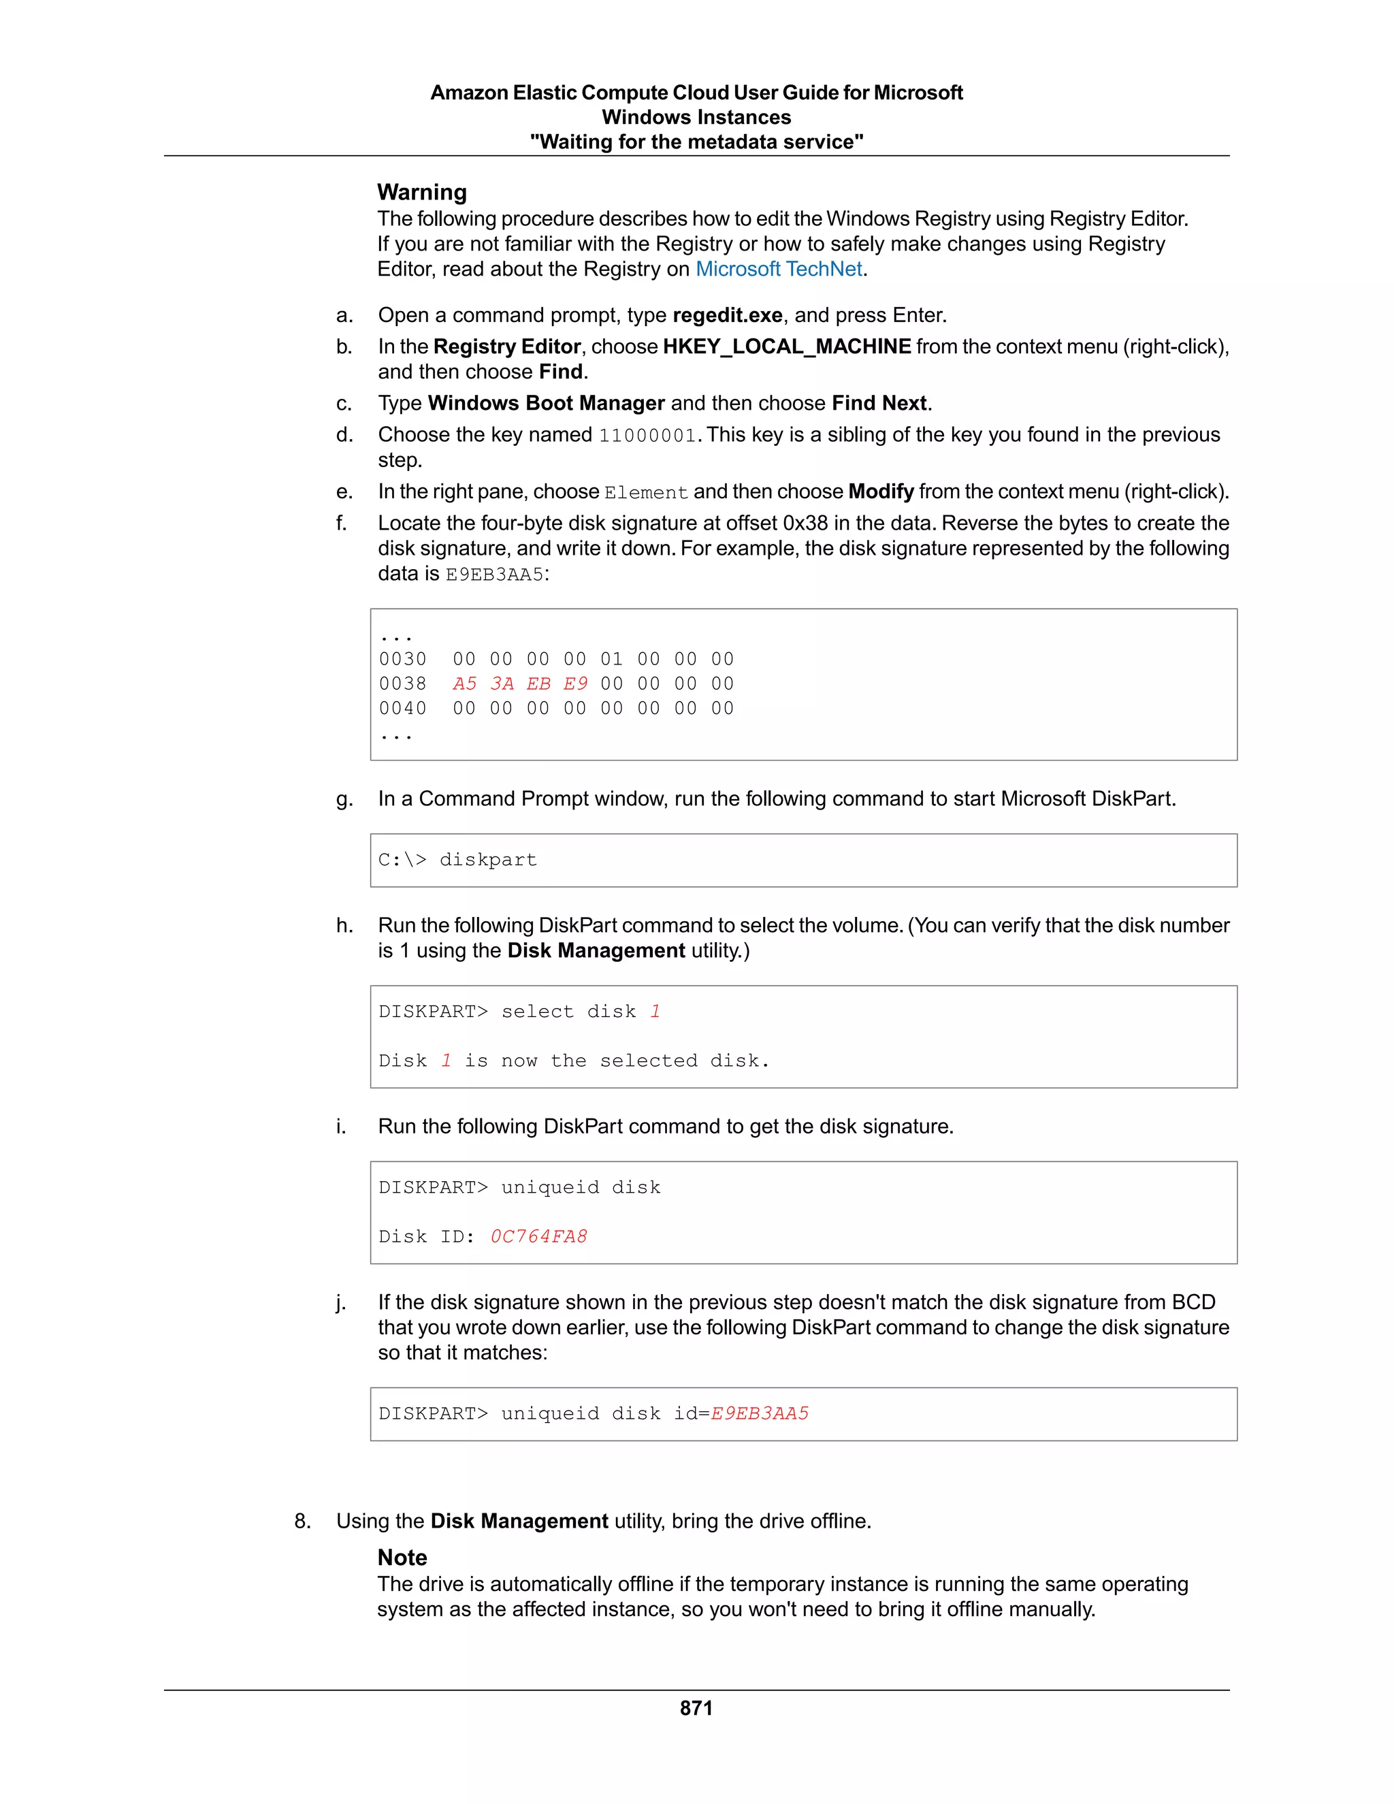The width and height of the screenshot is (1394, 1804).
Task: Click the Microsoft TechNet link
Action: click(779, 270)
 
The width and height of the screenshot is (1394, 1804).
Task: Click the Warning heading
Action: click(422, 193)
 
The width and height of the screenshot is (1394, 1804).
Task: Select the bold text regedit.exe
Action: click(728, 316)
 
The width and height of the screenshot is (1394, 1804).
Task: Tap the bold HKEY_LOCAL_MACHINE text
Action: click(786, 347)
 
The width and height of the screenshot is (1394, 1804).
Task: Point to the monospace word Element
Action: click(646, 493)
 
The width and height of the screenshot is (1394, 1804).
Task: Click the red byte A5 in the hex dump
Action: click(465, 684)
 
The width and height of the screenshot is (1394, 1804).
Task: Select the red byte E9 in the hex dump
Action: click(576, 684)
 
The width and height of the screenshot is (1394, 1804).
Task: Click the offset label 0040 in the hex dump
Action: click(403, 709)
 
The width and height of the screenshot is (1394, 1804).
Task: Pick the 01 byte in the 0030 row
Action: click(612, 659)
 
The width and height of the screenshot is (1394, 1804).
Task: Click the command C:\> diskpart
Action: click(457, 860)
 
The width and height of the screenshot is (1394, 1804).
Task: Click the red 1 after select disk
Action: click(655, 1012)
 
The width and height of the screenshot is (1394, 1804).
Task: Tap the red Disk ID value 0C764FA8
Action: click(538, 1236)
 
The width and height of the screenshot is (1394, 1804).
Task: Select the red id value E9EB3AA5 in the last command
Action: click(760, 1413)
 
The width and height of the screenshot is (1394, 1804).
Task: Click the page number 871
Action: click(696, 1708)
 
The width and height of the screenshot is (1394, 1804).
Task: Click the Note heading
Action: click(402, 1558)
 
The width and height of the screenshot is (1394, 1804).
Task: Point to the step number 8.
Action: click(302, 1521)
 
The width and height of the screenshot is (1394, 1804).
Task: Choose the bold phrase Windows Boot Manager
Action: click(546, 403)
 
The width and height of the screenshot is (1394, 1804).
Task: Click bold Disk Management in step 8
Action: click(519, 1521)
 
